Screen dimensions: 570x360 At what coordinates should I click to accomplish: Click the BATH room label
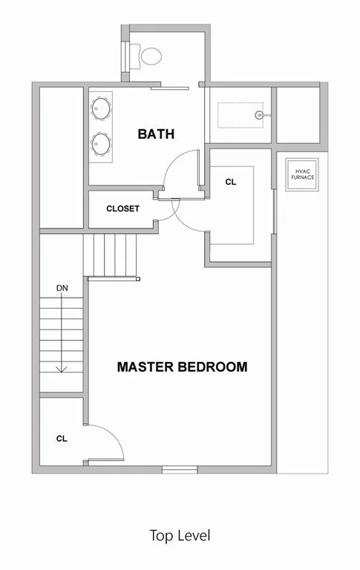coord(156,134)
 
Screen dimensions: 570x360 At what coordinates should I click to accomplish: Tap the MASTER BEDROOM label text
coord(182,367)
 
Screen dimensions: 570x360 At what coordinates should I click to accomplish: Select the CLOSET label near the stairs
coord(122,209)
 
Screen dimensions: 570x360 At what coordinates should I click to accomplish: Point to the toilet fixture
coord(149,54)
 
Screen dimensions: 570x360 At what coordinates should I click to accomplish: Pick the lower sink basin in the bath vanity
coord(100,142)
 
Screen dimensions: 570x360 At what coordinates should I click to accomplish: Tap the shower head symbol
coord(259,115)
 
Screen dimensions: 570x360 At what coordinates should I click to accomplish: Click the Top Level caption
coord(180,535)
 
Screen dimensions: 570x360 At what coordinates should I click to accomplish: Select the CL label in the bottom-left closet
coord(62,439)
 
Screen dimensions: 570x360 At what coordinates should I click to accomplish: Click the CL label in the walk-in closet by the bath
coord(230,181)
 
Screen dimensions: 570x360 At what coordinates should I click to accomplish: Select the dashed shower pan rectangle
coord(239,115)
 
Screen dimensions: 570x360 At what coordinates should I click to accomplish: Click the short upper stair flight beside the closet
coord(114,254)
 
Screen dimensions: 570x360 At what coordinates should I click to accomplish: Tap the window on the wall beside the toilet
coord(124,53)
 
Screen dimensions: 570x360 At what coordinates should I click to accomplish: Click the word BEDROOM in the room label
coord(212,367)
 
